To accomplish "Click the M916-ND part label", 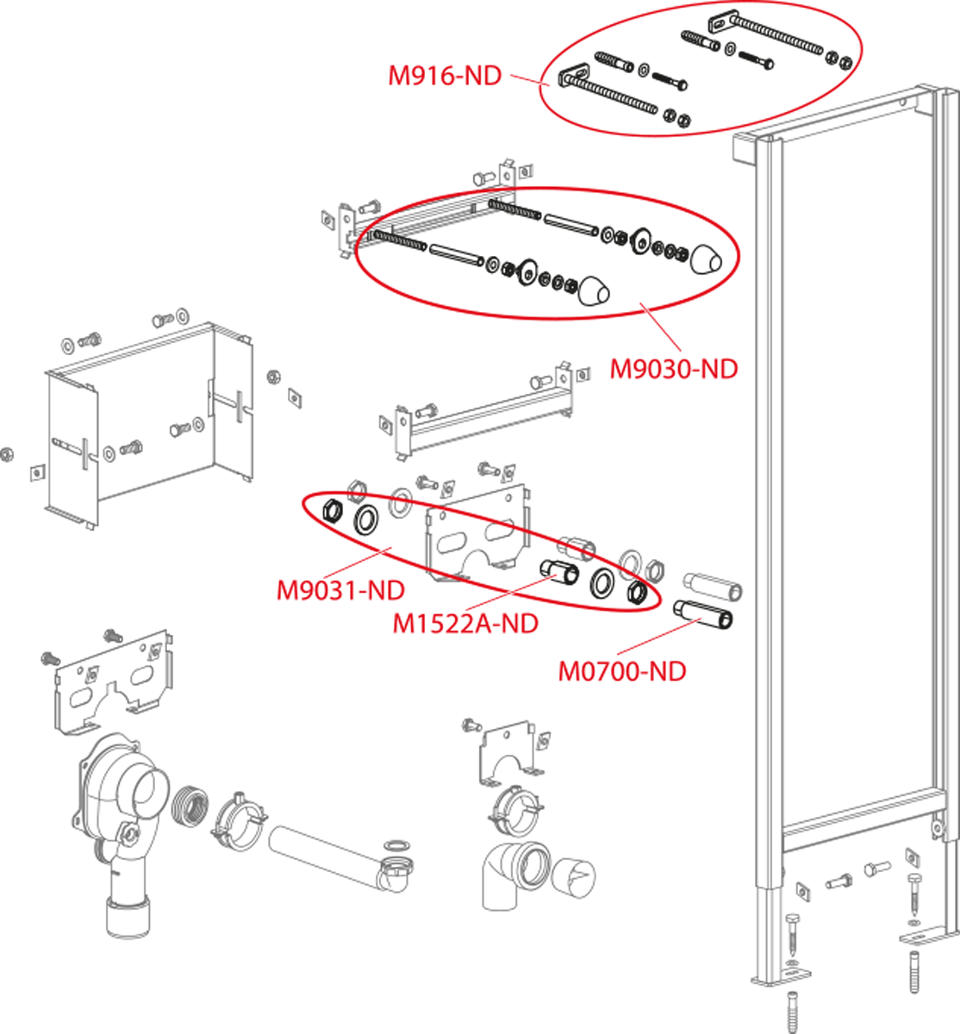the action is tap(445, 76).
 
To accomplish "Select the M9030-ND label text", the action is tap(674, 369).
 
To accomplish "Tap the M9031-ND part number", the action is tap(340, 590).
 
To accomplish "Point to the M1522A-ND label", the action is tap(465, 623).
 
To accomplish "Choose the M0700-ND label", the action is tap(622, 671).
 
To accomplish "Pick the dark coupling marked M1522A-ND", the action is tap(559, 572).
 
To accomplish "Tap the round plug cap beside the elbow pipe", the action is tap(573, 878).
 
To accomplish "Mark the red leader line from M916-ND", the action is tap(530, 79).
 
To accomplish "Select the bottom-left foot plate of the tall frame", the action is tap(781, 978).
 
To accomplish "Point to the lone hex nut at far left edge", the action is tap(6, 454).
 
